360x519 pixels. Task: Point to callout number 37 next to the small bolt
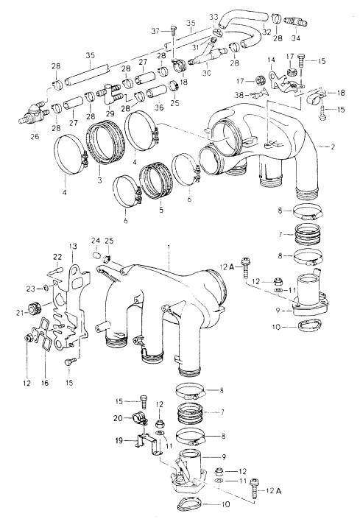click(x=155, y=30)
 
